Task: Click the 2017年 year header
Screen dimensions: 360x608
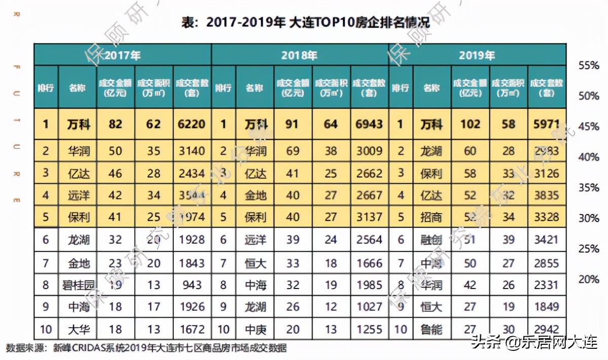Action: pos(122,55)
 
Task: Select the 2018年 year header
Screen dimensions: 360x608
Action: pos(299,55)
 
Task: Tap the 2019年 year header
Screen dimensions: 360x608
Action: pos(477,55)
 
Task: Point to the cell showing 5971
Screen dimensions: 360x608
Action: pos(546,124)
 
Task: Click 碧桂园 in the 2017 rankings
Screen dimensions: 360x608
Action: pos(79,285)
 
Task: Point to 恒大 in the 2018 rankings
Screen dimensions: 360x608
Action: pos(255,263)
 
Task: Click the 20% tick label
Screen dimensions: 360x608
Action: pos(588,280)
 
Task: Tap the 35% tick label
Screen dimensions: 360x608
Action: pos(588,188)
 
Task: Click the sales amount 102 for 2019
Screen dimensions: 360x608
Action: pos(470,124)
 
